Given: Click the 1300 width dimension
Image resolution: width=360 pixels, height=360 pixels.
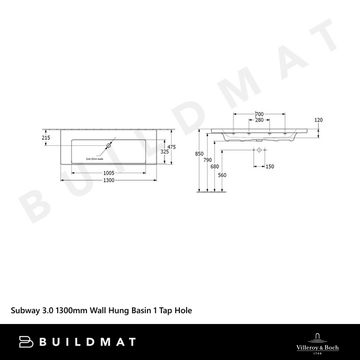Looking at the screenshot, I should (x=109, y=181).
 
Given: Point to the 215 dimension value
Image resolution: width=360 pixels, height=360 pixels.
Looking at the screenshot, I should (x=46, y=138).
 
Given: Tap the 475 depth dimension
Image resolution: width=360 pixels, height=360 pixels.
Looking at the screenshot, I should (x=171, y=147).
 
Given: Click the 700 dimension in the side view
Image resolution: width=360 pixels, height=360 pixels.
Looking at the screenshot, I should (x=259, y=114).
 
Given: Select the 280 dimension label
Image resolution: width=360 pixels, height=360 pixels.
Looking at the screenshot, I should (x=259, y=120).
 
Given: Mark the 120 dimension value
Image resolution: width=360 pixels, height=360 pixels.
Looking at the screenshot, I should (x=319, y=120).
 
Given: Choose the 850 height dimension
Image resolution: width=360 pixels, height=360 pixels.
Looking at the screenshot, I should (x=207, y=154).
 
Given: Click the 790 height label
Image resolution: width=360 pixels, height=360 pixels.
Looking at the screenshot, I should (x=207, y=160).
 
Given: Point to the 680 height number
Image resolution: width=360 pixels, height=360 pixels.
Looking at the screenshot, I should (x=215, y=167).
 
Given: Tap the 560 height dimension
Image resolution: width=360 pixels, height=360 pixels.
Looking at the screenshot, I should (x=222, y=175).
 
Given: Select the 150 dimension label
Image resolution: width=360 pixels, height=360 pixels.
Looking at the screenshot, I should (x=269, y=167).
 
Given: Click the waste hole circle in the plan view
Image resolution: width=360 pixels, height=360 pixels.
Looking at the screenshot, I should (x=110, y=146).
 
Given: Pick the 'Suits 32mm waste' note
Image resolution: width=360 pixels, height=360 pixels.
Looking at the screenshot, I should (x=95, y=159).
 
